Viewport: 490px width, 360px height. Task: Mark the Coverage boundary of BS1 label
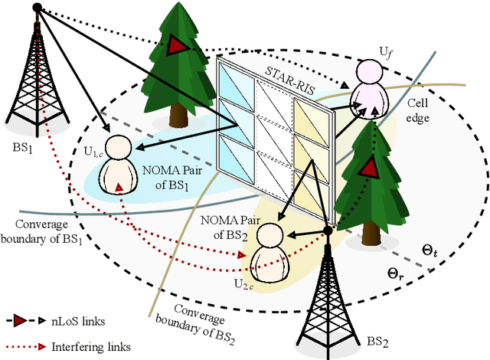[x=47, y=231]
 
